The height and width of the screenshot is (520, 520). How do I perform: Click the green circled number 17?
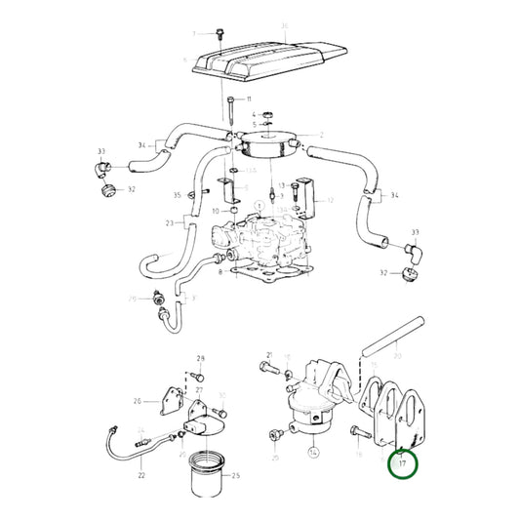402,465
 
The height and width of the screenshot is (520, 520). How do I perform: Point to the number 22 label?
142,474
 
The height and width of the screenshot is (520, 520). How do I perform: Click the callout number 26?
138,400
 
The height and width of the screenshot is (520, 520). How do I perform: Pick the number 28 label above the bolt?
200,359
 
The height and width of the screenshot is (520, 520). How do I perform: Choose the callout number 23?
169,223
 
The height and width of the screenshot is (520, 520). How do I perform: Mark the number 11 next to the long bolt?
248,100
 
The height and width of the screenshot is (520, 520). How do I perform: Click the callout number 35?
177,195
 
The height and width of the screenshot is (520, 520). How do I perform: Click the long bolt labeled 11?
230,112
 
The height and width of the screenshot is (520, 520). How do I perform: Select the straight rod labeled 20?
389,338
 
